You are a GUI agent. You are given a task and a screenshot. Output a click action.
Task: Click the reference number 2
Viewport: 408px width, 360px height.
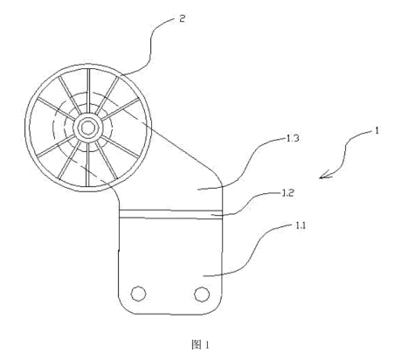(x=182, y=19)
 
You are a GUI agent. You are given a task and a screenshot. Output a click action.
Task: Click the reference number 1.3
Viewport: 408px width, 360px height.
(x=293, y=138)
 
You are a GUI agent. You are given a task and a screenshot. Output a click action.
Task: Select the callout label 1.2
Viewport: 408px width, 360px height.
(x=287, y=193)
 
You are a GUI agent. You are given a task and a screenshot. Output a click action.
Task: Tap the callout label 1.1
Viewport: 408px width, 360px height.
(x=301, y=225)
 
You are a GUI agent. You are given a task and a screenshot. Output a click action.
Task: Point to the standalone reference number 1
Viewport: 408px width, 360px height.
(x=377, y=131)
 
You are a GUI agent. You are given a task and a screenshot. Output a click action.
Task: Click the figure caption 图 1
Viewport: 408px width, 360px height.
(x=200, y=345)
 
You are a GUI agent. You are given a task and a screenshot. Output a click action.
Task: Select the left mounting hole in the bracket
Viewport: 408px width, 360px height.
(x=138, y=294)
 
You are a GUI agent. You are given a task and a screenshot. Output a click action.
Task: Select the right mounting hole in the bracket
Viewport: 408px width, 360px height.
(x=202, y=294)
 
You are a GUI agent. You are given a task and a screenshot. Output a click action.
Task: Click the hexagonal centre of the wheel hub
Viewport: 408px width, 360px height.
(x=87, y=128)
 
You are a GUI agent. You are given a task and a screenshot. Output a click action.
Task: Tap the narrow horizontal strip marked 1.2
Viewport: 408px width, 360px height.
(x=170, y=213)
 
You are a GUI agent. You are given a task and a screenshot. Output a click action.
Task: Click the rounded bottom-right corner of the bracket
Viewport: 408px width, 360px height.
(x=217, y=308)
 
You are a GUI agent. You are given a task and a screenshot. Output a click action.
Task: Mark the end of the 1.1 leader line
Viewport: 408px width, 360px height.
(x=204, y=275)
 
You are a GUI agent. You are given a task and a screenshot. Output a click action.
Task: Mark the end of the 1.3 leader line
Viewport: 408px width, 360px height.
(x=197, y=190)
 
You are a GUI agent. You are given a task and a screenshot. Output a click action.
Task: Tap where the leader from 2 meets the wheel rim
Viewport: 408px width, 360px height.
(x=122, y=74)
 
